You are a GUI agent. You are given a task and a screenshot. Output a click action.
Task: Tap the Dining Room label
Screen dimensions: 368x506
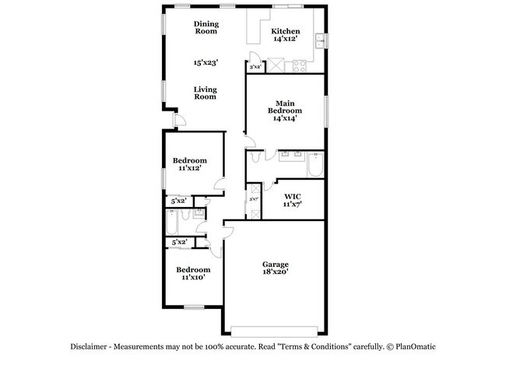click(206, 27)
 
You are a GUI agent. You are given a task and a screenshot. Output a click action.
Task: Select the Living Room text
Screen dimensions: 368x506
click(205, 93)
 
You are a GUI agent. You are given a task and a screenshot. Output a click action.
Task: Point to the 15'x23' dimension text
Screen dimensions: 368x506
click(205, 61)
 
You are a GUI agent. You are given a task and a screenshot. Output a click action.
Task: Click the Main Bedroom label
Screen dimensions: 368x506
click(285, 107)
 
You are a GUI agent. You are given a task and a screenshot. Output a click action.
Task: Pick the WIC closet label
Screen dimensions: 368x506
click(292, 199)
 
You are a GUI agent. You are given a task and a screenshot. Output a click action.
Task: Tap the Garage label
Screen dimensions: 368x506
click(276, 268)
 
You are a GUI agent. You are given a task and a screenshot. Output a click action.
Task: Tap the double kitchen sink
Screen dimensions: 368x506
click(321, 40)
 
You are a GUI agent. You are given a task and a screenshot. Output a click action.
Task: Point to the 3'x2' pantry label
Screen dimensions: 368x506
click(255, 67)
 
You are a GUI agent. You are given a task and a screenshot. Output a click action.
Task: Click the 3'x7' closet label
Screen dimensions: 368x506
click(253, 199)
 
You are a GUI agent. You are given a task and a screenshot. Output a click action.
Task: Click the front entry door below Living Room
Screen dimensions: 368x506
click(178, 121)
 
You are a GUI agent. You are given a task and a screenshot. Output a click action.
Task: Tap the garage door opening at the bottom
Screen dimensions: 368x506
click(276, 326)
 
